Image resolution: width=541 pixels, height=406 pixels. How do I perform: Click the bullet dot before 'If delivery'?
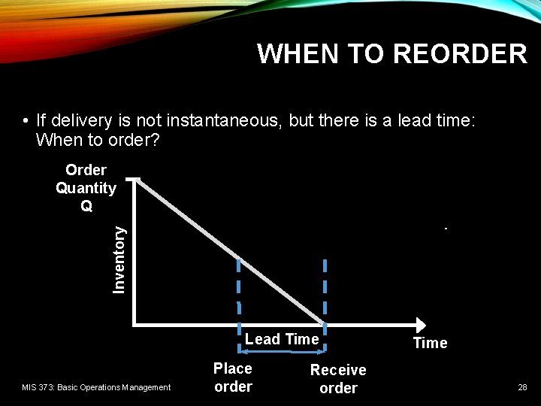tap(26, 121)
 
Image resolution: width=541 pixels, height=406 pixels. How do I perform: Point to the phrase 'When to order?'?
tap(97, 140)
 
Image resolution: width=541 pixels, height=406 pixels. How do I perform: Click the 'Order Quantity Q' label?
tap(86, 188)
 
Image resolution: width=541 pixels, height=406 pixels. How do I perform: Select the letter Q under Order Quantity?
tap(86, 206)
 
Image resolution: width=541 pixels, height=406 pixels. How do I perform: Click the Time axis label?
tap(430, 343)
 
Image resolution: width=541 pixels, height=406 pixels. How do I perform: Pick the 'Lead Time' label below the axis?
tap(282, 339)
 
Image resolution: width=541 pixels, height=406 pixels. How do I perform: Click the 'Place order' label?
tap(233, 377)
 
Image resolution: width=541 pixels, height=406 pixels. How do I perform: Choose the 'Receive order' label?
tap(338, 379)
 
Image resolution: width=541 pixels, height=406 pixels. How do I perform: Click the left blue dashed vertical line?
tap(239, 289)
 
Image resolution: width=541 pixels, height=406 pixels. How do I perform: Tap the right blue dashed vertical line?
tap(325, 289)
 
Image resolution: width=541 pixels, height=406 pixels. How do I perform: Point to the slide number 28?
tap(521, 387)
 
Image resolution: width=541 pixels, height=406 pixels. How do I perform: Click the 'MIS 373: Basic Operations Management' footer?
tap(96, 387)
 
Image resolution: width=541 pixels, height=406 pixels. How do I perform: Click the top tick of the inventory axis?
tap(133, 179)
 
